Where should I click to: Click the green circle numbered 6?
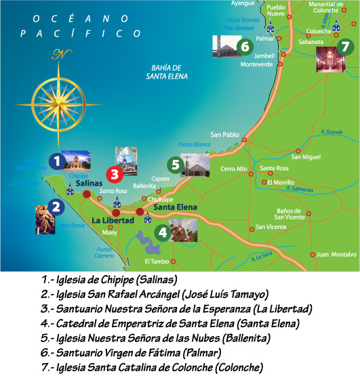pos(245,46)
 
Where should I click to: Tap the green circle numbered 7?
pos(345,46)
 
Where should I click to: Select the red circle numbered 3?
pos(114,174)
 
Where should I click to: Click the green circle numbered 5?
pos(175,164)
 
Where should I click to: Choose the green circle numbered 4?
pos(161,232)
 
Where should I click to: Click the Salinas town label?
pos(89,184)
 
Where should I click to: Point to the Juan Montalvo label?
pos(336,255)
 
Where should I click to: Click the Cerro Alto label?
pos(233,169)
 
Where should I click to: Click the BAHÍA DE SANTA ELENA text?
pos(166,72)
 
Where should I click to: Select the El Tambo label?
pos(156,262)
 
